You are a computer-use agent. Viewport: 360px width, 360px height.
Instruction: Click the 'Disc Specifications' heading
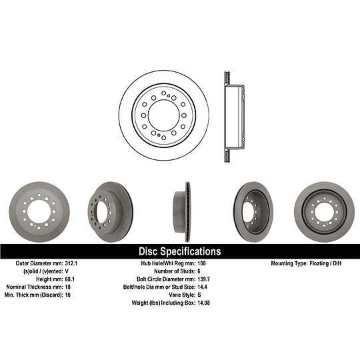[179, 251]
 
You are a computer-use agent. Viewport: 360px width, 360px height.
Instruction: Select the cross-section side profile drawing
[232, 114]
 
